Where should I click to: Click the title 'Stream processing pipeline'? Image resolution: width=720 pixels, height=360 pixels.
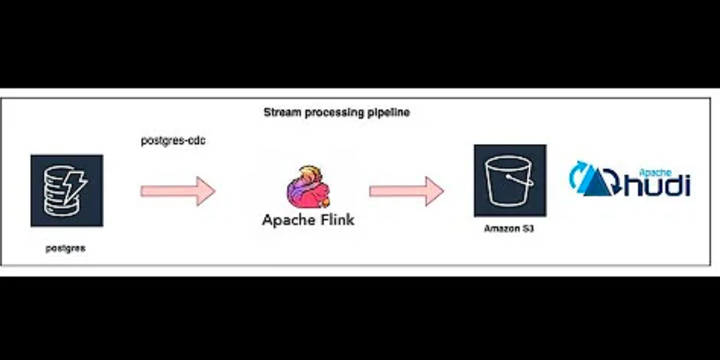(337, 112)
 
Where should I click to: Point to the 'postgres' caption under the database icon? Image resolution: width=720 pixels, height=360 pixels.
(65, 248)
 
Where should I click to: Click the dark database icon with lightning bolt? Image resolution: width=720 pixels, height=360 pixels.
(67, 190)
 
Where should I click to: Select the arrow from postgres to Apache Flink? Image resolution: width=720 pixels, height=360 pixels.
(178, 191)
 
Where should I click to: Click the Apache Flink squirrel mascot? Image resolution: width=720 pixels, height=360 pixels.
(308, 187)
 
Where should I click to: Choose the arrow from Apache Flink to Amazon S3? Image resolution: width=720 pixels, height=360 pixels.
(406, 191)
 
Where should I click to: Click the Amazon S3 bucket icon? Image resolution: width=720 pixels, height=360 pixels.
(510, 180)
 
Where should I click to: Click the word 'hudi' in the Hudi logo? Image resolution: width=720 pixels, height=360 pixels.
(658, 185)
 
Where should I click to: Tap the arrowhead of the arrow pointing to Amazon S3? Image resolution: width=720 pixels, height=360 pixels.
(433, 191)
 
